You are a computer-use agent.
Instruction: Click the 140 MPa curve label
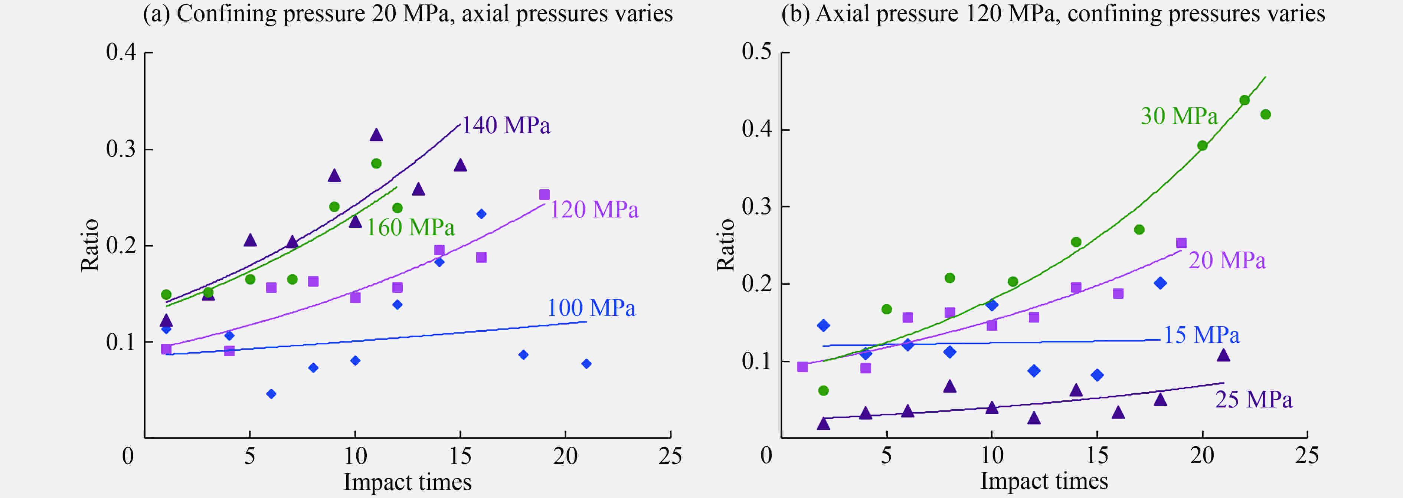pos(506,126)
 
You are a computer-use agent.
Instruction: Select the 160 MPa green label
pos(410,227)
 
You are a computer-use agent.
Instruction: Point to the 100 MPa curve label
pos(591,308)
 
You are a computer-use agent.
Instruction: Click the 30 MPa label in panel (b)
pos(1178,116)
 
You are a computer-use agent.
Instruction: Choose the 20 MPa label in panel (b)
pos(1227,260)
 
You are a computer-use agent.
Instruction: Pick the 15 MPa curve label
pos(1201,335)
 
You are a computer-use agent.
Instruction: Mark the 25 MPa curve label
pos(1253,400)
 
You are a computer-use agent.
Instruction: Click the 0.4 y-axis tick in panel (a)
pos(121,52)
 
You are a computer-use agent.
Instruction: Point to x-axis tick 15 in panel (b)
pos(1097,455)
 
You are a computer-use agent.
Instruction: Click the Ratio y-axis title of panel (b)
pos(726,245)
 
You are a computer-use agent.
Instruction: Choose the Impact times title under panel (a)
pos(408,482)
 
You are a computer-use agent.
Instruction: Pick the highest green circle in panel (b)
pos(1245,100)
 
